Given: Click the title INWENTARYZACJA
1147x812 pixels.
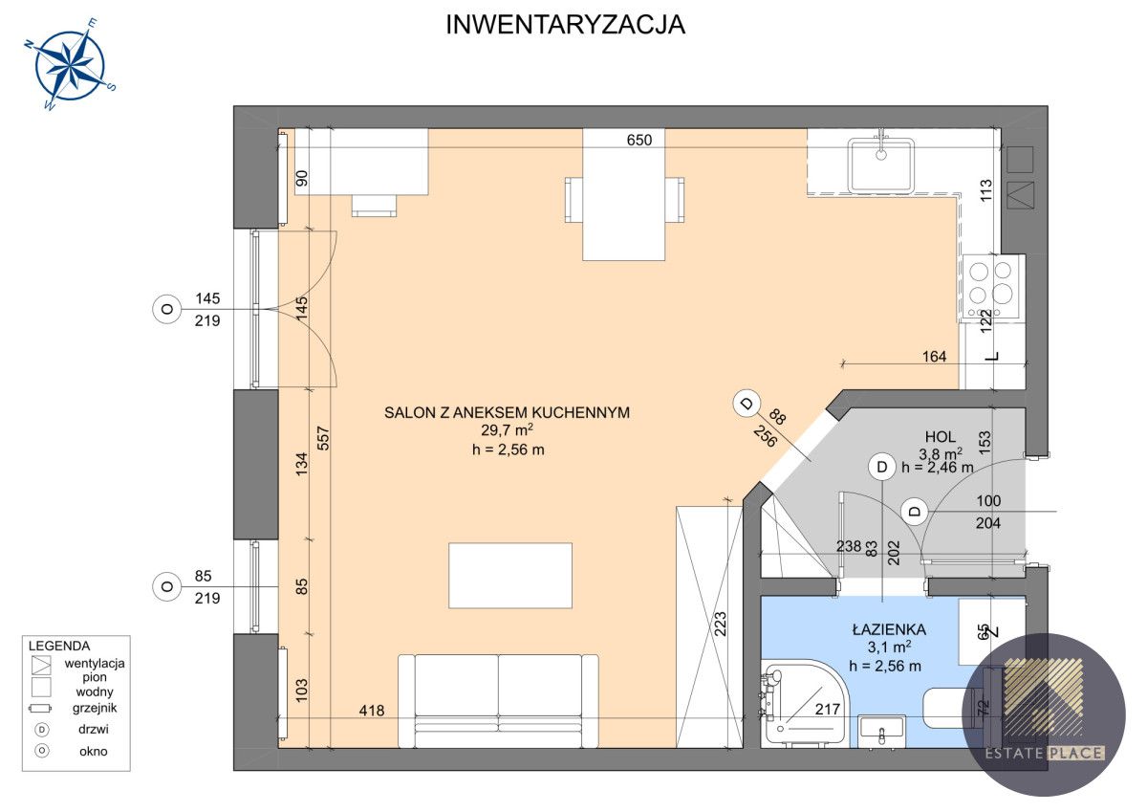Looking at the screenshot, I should tap(565, 26).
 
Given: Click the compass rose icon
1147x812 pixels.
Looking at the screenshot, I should tap(70, 65).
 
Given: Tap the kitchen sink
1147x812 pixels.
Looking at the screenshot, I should tap(881, 164).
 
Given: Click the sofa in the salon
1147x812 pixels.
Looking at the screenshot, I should tap(498, 700).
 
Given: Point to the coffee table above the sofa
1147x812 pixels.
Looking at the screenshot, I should tap(510, 575).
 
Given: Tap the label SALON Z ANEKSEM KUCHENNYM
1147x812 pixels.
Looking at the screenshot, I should tap(507, 412).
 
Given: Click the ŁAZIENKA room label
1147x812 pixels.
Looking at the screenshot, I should tap(889, 630).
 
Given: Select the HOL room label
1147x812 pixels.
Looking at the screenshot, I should tap(940, 435).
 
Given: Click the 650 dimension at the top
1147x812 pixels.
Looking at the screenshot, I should tap(638, 140).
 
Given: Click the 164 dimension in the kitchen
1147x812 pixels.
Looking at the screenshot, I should tap(934, 357).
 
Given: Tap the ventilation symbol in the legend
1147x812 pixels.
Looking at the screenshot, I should tap(41, 665).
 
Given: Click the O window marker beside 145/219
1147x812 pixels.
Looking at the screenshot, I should tap(166, 309).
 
